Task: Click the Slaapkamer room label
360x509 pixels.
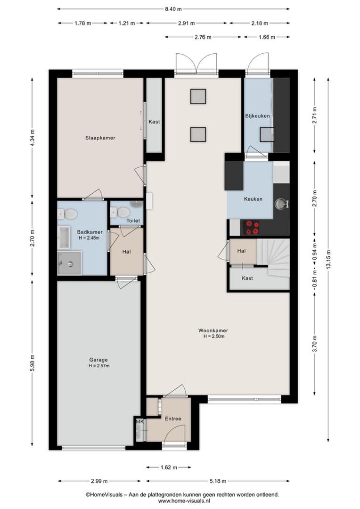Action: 100,138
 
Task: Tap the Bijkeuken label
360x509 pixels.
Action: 257,116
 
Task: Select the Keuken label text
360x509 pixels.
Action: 253,199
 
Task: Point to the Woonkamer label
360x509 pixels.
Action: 213,331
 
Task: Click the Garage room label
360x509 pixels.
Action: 98,360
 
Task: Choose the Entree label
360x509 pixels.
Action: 173,419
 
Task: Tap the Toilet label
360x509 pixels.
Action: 133,221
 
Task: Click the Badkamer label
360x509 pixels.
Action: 90,232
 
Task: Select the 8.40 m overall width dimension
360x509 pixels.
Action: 173,9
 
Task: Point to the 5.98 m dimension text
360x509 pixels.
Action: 32,363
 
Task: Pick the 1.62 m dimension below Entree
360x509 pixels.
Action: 169,468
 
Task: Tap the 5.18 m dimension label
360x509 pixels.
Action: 218,481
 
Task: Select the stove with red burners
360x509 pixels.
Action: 251,227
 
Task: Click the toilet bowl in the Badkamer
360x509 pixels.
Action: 71,214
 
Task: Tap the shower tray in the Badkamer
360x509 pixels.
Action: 69,263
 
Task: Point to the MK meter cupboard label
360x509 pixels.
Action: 140,421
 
